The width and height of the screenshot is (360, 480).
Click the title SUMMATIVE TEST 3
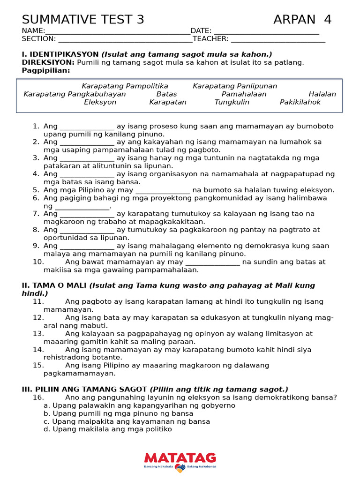point(83,20)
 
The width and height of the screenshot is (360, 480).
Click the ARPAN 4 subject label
point(302,20)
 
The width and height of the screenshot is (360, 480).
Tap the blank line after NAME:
point(118,31)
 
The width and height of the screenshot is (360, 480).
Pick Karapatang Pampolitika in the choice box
point(125,86)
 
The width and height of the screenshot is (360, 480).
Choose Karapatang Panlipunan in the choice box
point(235,86)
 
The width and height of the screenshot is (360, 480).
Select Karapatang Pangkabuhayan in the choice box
point(75,94)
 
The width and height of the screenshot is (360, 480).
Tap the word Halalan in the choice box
point(322,94)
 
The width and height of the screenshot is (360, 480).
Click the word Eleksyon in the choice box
point(100,102)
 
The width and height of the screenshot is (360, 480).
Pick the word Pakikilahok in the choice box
point(300,102)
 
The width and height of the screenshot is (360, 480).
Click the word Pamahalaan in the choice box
point(244,94)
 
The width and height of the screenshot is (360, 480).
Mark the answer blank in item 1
point(87,127)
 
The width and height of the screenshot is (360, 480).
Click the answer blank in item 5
point(163,191)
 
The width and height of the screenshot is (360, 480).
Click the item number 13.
point(38,334)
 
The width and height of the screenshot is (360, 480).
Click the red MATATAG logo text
point(180,458)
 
